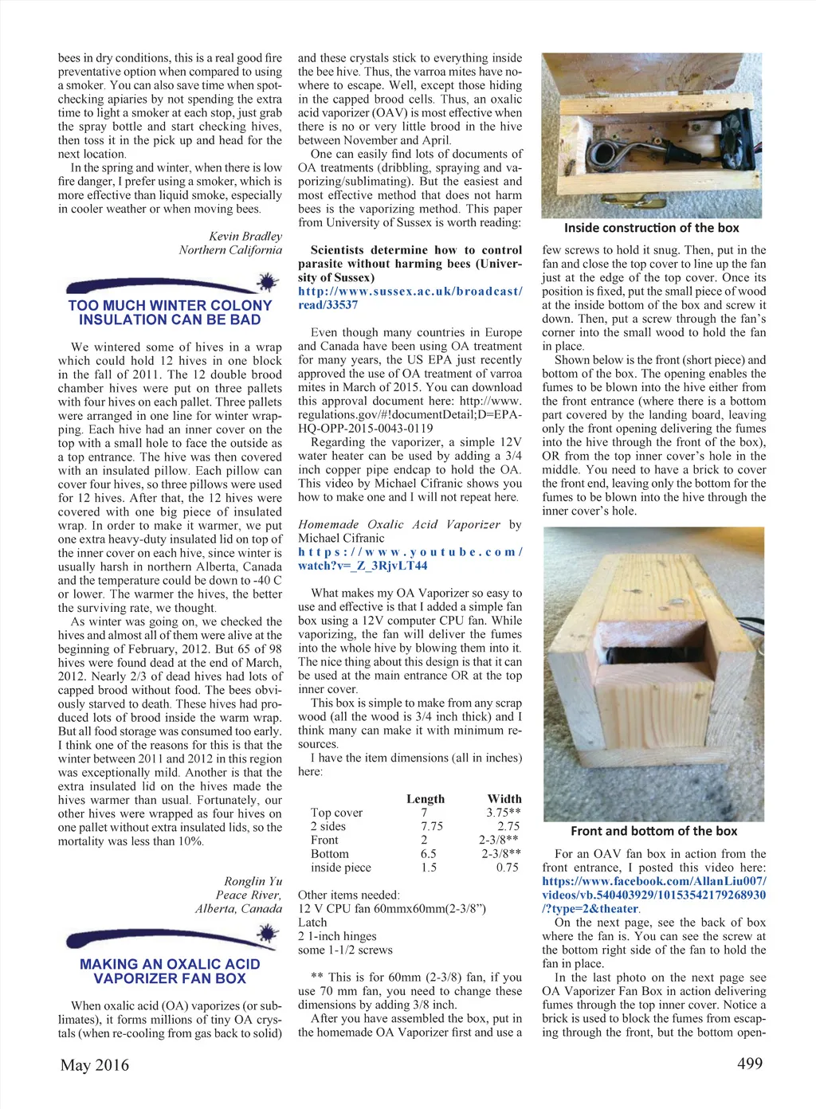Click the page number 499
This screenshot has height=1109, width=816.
click(x=749, y=1064)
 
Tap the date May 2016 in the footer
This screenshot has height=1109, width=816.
click(x=94, y=1065)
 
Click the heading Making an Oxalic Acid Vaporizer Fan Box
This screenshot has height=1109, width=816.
click(x=170, y=971)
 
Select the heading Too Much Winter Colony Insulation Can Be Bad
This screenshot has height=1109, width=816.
click(x=170, y=312)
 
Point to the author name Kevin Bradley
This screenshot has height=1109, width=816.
click(x=245, y=236)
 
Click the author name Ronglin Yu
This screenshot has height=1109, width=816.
click(x=253, y=881)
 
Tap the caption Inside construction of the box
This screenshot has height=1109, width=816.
click(x=651, y=228)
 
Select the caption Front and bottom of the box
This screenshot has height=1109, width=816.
click(x=653, y=831)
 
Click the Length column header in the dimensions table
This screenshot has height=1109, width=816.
click(x=426, y=799)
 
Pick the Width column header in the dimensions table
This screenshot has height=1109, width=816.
click(x=504, y=799)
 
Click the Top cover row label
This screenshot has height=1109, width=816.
click(x=336, y=813)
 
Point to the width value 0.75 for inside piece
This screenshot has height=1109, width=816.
click(x=507, y=868)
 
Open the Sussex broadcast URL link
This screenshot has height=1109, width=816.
click(x=410, y=298)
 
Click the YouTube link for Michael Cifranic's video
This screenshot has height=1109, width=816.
click(x=410, y=558)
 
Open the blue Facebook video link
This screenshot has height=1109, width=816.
click(x=653, y=895)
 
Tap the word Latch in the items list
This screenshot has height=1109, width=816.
click(x=312, y=923)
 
